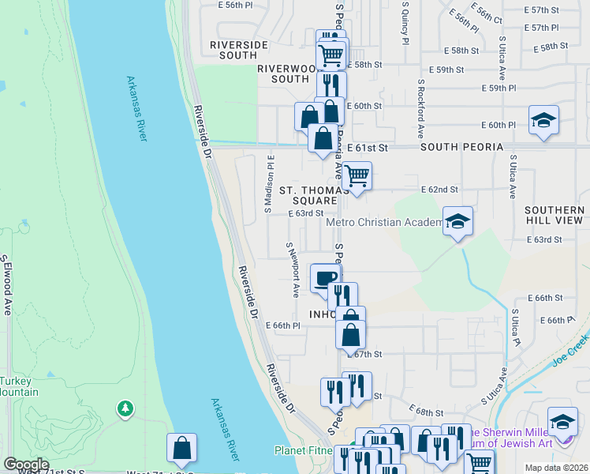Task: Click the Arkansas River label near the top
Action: click(x=137, y=109)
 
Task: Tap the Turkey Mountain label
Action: click(x=19, y=386)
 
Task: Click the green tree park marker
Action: click(x=124, y=408)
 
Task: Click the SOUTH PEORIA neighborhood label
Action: click(x=461, y=148)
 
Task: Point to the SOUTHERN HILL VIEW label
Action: click(x=554, y=215)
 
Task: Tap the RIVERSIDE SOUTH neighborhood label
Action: click(x=233, y=50)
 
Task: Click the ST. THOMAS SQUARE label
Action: click(x=314, y=195)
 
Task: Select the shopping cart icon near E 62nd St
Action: click(x=357, y=175)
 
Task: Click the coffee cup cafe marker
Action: click(x=326, y=277)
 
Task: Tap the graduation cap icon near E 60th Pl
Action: click(x=543, y=119)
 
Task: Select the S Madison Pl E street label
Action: click(x=268, y=184)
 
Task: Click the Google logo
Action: click(x=26, y=465)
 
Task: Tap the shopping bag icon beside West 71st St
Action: click(x=181, y=447)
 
